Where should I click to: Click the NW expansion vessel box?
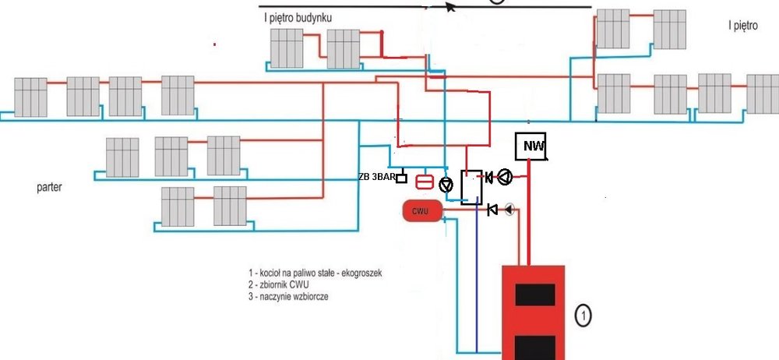532,146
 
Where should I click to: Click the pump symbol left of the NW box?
506,178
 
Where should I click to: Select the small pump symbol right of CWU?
509,209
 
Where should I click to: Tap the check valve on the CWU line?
492,210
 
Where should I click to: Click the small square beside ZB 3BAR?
401,178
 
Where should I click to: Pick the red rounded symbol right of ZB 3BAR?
425,182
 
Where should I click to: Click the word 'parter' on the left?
49,188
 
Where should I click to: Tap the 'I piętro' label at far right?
743,26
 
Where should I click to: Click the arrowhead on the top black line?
450,7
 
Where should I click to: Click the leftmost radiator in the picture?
31,95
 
